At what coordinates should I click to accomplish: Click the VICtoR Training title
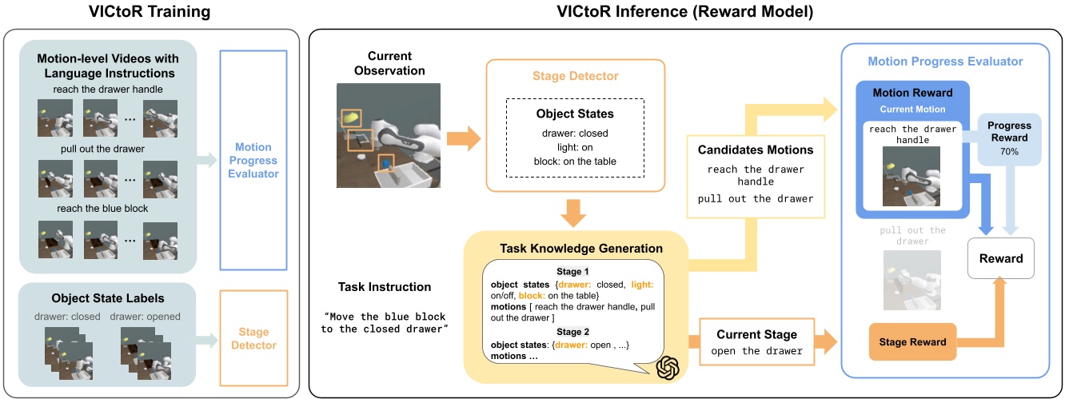click(x=152, y=13)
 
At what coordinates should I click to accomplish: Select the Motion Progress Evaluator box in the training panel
click(x=253, y=160)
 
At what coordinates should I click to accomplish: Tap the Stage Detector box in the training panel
click(x=253, y=338)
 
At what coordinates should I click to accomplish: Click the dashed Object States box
click(x=576, y=138)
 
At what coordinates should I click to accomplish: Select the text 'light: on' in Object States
click(x=576, y=146)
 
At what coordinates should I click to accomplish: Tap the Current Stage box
click(x=756, y=342)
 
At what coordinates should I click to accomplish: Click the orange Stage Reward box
click(x=912, y=341)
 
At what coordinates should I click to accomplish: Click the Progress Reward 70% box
click(x=1009, y=138)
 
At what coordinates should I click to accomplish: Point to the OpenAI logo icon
click(x=668, y=369)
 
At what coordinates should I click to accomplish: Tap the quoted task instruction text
click(x=383, y=323)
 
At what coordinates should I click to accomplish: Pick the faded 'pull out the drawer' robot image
click(x=912, y=280)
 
